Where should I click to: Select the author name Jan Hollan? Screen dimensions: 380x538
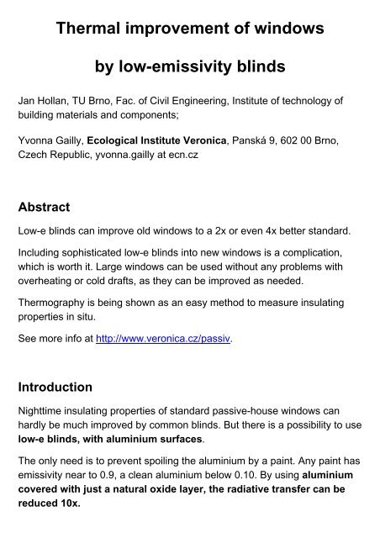(x=45, y=101)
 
